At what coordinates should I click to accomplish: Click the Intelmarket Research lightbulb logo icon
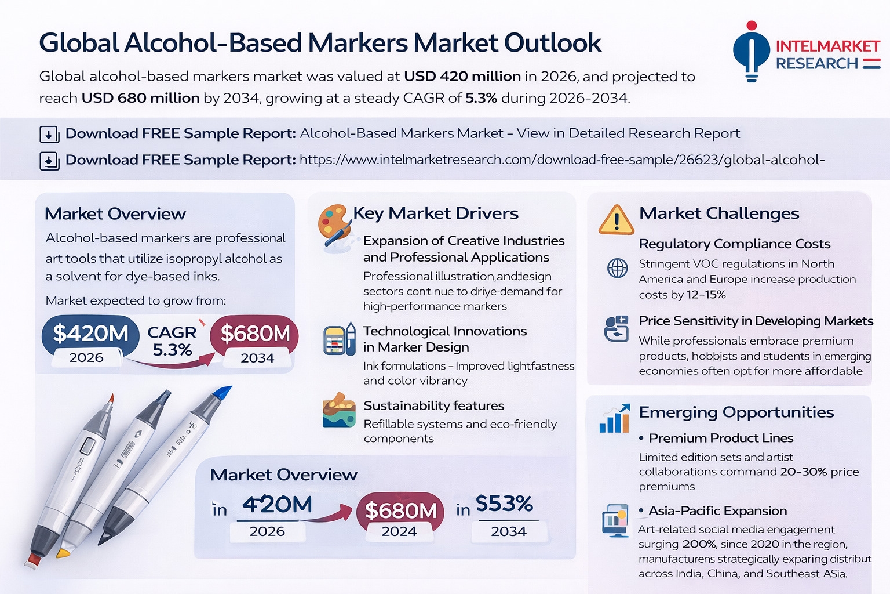tap(751, 51)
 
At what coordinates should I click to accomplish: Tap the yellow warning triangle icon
tap(616, 220)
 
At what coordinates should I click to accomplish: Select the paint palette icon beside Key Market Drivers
tap(334, 224)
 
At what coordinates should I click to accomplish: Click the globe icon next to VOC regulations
tap(617, 269)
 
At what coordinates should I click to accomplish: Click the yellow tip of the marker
tap(63, 552)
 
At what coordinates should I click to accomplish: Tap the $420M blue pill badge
tap(90, 334)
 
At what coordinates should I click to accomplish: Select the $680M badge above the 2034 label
tap(255, 334)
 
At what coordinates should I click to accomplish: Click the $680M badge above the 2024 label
tap(400, 510)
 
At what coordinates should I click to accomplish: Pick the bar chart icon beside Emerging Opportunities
tap(615, 419)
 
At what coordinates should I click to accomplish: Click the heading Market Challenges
tap(718, 213)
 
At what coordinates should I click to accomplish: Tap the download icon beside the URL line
tap(49, 161)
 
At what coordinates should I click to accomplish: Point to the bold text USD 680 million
tap(140, 98)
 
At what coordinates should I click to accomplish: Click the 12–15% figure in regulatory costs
tap(706, 295)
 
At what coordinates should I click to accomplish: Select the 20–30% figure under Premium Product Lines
tap(803, 472)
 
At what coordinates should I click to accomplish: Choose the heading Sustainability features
tap(433, 405)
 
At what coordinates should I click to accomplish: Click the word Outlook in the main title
tap(552, 43)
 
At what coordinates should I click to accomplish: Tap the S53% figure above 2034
tap(504, 504)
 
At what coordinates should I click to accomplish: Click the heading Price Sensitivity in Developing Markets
tap(756, 321)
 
